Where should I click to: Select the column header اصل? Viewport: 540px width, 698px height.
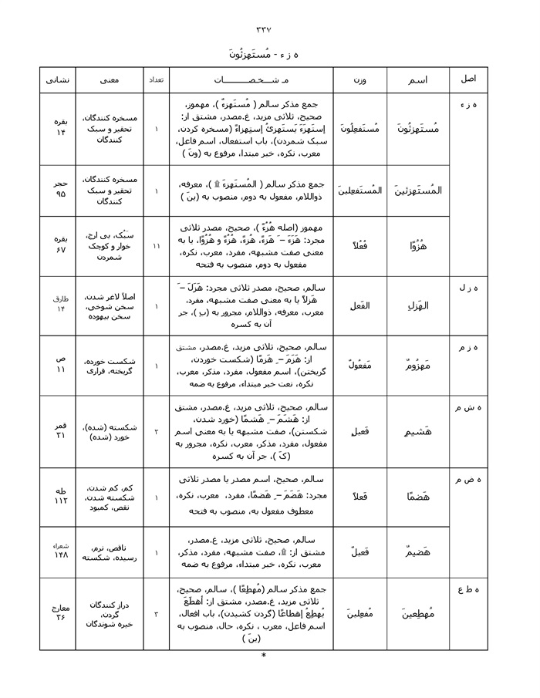[x=468, y=79]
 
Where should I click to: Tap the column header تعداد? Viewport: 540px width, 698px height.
[x=156, y=79]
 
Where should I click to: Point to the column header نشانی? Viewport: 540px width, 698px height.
[x=58, y=79]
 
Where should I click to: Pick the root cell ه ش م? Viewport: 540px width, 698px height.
[x=468, y=407]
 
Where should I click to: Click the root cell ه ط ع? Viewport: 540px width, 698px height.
[x=468, y=590]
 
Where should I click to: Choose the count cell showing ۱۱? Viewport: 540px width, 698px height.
[x=156, y=246]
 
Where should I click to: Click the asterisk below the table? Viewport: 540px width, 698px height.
[x=264, y=657]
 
